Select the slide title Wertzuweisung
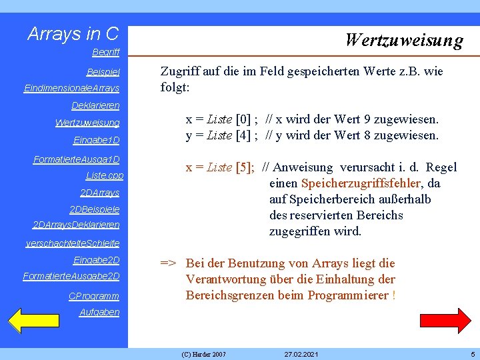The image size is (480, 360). pyautogui.click(x=403, y=40)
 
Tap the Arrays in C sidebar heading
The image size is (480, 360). pyautogui.click(x=73, y=34)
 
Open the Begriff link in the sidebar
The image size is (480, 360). pyautogui.click(x=106, y=51)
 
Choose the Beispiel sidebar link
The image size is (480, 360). pyautogui.click(x=103, y=71)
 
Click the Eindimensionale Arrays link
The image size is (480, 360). pyautogui.click(x=71, y=88)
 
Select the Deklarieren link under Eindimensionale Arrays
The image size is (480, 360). pyautogui.click(x=95, y=105)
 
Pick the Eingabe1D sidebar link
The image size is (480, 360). pyautogui.click(x=97, y=140)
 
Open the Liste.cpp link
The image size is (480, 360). pyautogui.click(x=105, y=175)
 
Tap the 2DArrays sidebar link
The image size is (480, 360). pyautogui.click(x=99, y=193)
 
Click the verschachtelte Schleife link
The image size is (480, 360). pyautogui.click(x=73, y=243)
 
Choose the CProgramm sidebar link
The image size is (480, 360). pyautogui.click(x=94, y=295)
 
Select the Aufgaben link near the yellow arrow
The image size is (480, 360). pyautogui.click(x=99, y=312)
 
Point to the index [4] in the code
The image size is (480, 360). pyautogui.click(x=244, y=135)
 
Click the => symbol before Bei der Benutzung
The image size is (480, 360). pyautogui.click(x=168, y=263)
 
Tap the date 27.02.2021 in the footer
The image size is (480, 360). pyautogui.click(x=301, y=353)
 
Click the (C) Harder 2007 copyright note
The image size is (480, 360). pyautogui.click(x=203, y=353)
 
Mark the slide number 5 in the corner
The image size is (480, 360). pyautogui.click(x=472, y=353)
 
